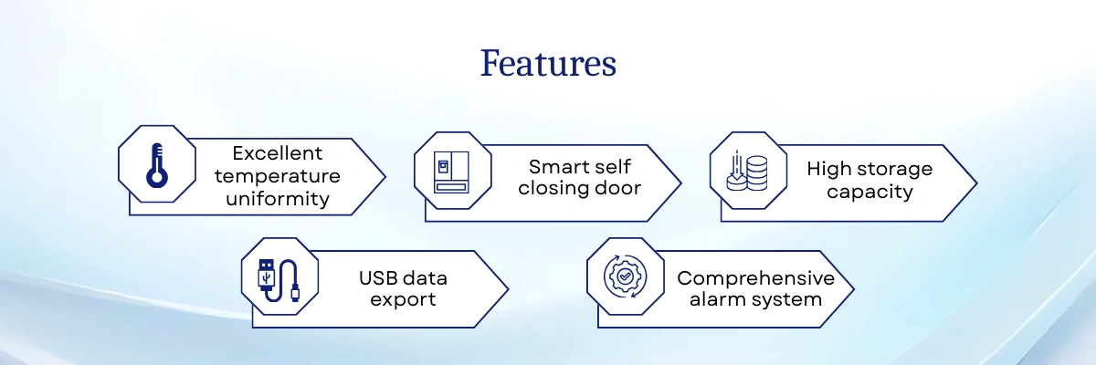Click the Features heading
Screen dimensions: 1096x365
tap(548, 63)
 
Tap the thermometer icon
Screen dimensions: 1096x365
tap(156, 166)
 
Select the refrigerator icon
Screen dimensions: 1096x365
tap(451, 172)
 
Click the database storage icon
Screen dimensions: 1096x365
tap(747, 171)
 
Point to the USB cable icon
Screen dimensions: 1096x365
tap(279, 280)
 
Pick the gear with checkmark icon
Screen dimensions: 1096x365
tap(625, 276)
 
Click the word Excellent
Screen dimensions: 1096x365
tap(278, 153)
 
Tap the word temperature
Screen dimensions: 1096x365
tap(278, 176)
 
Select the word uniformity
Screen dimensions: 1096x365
tap(278, 199)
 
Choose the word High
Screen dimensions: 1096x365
tap(829, 170)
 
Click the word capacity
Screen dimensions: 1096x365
tap(869, 192)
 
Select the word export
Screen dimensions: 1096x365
tap(403, 300)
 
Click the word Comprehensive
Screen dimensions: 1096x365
tap(756, 278)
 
